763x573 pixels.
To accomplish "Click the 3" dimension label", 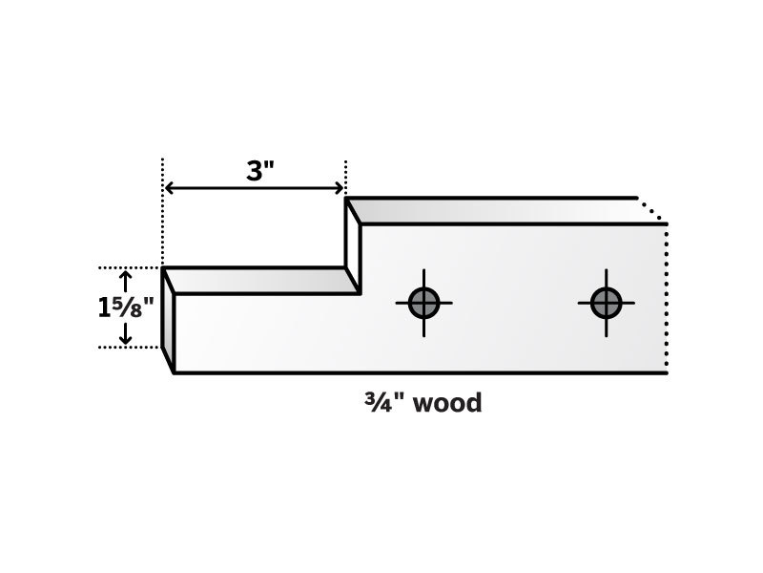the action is click(x=260, y=171).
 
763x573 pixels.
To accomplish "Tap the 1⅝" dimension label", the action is click(x=126, y=308).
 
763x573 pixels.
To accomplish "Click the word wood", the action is click(x=447, y=403).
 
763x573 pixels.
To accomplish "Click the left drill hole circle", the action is click(x=423, y=303).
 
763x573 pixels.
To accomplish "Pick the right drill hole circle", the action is click(x=606, y=303).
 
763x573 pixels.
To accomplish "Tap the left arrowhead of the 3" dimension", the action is click(x=169, y=188).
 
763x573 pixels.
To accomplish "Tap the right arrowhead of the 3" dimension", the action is click(x=340, y=188).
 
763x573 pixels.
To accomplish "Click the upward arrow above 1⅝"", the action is click(x=126, y=282).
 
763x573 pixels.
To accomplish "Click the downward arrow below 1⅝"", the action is click(x=126, y=333).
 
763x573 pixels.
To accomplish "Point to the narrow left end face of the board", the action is click(x=168, y=320).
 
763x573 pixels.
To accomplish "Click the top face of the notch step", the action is click(x=260, y=281).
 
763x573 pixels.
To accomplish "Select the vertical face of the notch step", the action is click(x=353, y=246).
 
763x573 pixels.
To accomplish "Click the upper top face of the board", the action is click(x=502, y=211).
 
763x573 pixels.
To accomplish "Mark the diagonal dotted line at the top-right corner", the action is click(x=651, y=209).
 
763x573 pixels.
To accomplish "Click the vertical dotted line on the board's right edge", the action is click(x=666, y=298).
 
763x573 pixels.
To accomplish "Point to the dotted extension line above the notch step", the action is click(x=345, y=178).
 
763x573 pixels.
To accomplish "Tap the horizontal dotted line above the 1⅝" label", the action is click(x=130, y=267).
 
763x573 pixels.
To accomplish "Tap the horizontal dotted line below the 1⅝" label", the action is click(x=130, y=348).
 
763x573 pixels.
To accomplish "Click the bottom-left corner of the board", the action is click(x=175, y=373).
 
